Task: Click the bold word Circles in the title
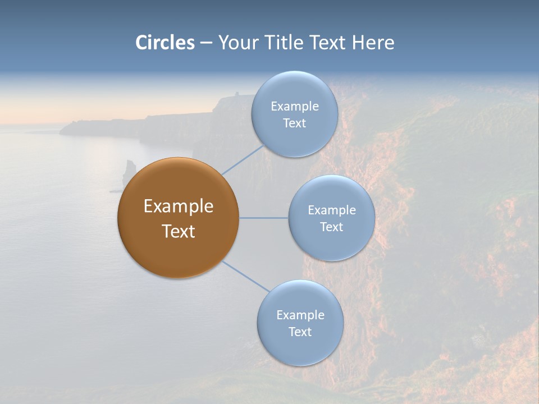(165, 43)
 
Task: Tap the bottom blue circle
(300, 348)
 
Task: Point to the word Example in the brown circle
(178, 206)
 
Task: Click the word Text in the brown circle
(178, 231)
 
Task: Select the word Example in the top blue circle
(294, 107)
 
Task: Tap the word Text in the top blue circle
(294, 123)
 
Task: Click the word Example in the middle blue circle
(331, 210)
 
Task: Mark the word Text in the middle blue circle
(331, 227)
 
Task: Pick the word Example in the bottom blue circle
(300, 315)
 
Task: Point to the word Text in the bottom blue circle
(300, 332)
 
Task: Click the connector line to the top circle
(243, 159)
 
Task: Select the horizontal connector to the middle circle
(264, 218)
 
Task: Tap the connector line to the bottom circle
(246, 276)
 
